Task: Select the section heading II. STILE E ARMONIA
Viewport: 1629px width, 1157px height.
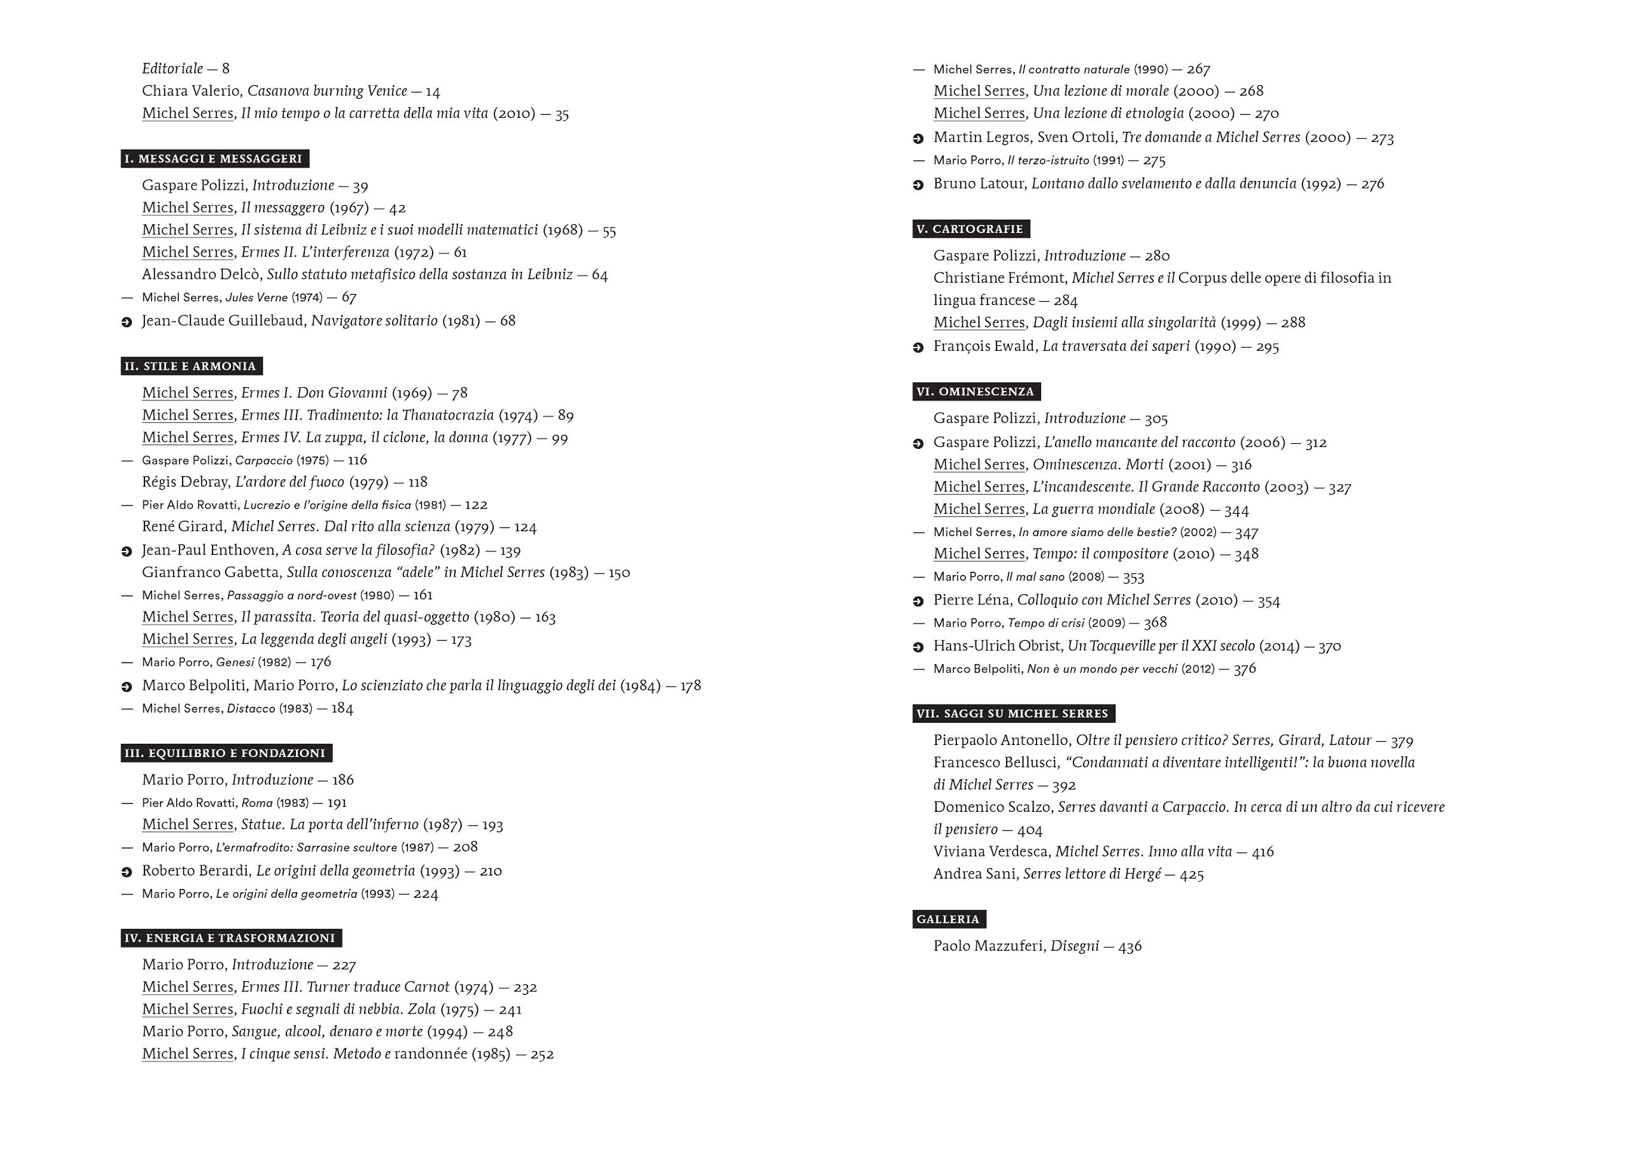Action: point(191,366)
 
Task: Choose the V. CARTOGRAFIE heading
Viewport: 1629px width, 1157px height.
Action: point(970,229)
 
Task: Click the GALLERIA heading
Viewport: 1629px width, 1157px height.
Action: point(948,919)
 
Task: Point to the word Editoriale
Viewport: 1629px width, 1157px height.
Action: point(172,68)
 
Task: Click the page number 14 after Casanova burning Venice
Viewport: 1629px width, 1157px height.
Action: point(433,91)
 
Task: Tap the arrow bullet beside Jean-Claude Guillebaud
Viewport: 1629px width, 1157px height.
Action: point(127,322)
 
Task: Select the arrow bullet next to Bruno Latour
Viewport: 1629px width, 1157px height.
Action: point(918,185)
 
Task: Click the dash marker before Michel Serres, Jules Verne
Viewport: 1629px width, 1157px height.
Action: point(127,297)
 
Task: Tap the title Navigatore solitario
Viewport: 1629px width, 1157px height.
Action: point(375,320)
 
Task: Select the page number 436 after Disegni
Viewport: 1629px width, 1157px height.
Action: point(1130,947)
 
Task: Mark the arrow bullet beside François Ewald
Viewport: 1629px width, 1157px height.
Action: point(918,348)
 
